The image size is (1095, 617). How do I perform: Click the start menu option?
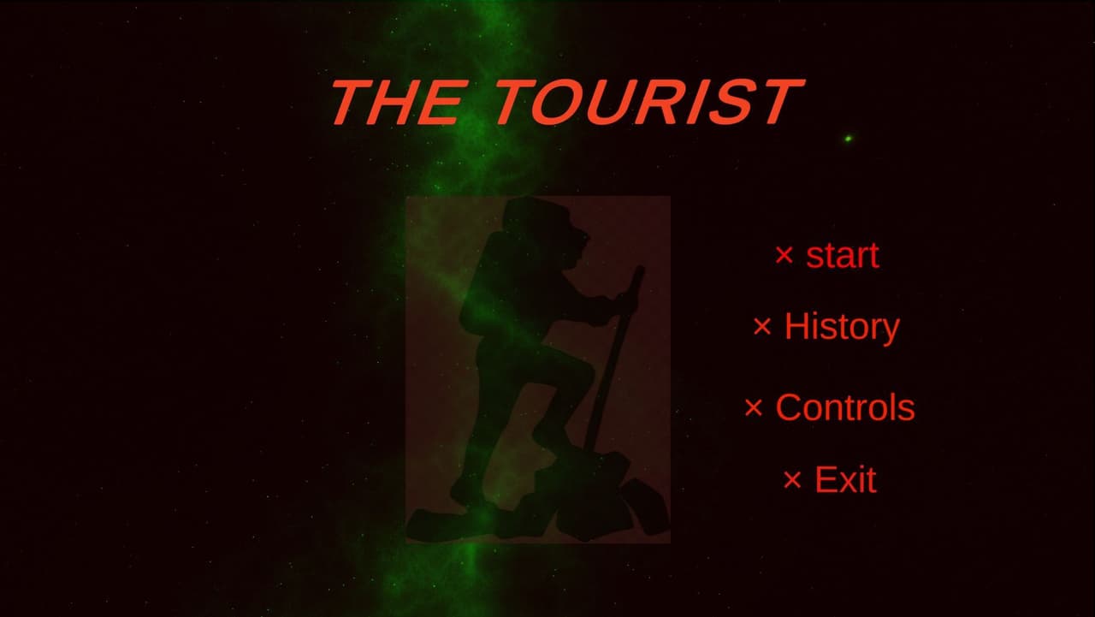tap(843, 256)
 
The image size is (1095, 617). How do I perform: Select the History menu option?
tap(842, 327)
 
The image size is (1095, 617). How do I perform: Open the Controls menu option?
tap(845, 407)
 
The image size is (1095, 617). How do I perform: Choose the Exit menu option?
tap(845, 479)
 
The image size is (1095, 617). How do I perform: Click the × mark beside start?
tap(784, 255)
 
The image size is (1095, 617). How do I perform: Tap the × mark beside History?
tap(762, 327)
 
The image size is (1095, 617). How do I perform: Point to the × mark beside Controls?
tap(754, 407)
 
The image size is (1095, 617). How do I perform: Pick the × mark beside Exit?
tap(792, 479)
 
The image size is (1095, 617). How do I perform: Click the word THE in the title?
tap(397, 102)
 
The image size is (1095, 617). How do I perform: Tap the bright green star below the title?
tap(848, 139)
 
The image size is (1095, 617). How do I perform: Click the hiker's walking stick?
tap(613, 359)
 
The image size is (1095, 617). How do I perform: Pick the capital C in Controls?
tap(790, 407)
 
